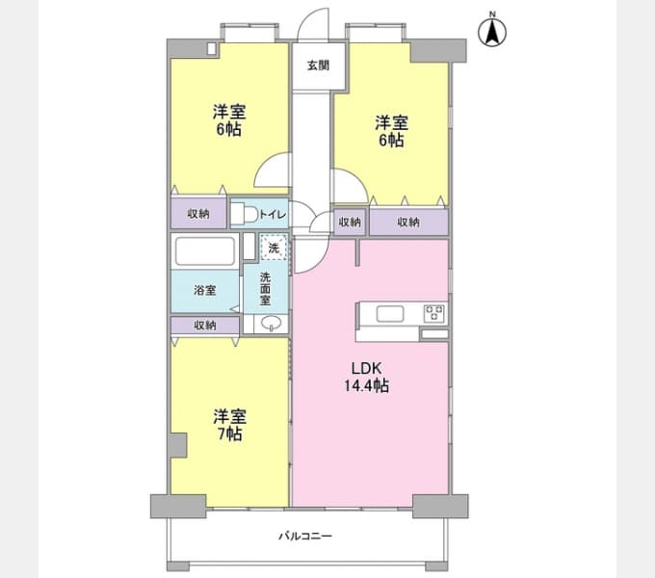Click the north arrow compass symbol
[492, 31]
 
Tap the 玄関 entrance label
[318, 66]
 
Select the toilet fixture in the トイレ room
[246, 214]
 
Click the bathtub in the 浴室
[204, 251]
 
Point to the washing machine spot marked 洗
[274, 248]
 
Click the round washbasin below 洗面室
[271, 323]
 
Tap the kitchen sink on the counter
[390, 314]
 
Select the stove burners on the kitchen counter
[434, 313]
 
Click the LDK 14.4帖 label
[366, 377]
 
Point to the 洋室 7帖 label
[229, 425]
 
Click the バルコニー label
[305, 536]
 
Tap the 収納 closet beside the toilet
[198, 214]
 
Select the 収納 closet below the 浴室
[205, 325]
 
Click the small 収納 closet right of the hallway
[350, 222]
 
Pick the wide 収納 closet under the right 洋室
[408, 222]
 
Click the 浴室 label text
[204, 290]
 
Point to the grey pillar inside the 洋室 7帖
[178, 445]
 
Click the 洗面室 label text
[265, 289]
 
